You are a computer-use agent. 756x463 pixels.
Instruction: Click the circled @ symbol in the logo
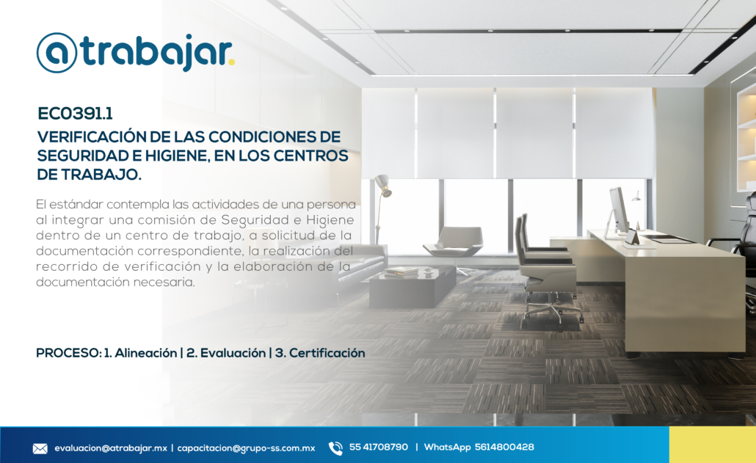coord(57,53)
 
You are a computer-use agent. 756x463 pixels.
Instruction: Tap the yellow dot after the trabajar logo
coord(231,62)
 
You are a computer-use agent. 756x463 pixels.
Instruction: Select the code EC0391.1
coord(75,114)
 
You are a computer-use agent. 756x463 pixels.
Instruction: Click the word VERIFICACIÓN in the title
coord(91,136)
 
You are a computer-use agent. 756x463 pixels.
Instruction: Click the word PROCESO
coord(68,353)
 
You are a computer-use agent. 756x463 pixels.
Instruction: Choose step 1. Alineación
coord(140,353)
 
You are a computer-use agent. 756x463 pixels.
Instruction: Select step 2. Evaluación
coord(225,353)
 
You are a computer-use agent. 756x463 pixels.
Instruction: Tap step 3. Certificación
coord(320,353)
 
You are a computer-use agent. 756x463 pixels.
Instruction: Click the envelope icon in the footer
coord(40,448)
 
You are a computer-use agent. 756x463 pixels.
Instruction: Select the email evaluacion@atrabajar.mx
coord(110,448)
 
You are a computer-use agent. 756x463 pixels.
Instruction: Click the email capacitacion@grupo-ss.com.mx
coord(246,448)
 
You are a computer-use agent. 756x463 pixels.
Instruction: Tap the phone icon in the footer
coord(335,448)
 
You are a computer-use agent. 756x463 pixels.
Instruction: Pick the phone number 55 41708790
coord(379,447)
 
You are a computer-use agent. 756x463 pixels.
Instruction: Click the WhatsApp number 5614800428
coord(504,447)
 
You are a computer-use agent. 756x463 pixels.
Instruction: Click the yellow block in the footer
coord(713,445)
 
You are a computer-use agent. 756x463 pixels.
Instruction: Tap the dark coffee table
coord(412,285)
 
